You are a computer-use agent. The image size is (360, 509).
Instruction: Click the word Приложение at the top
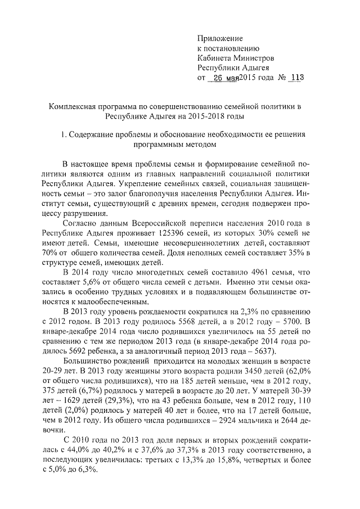[220, 38]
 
